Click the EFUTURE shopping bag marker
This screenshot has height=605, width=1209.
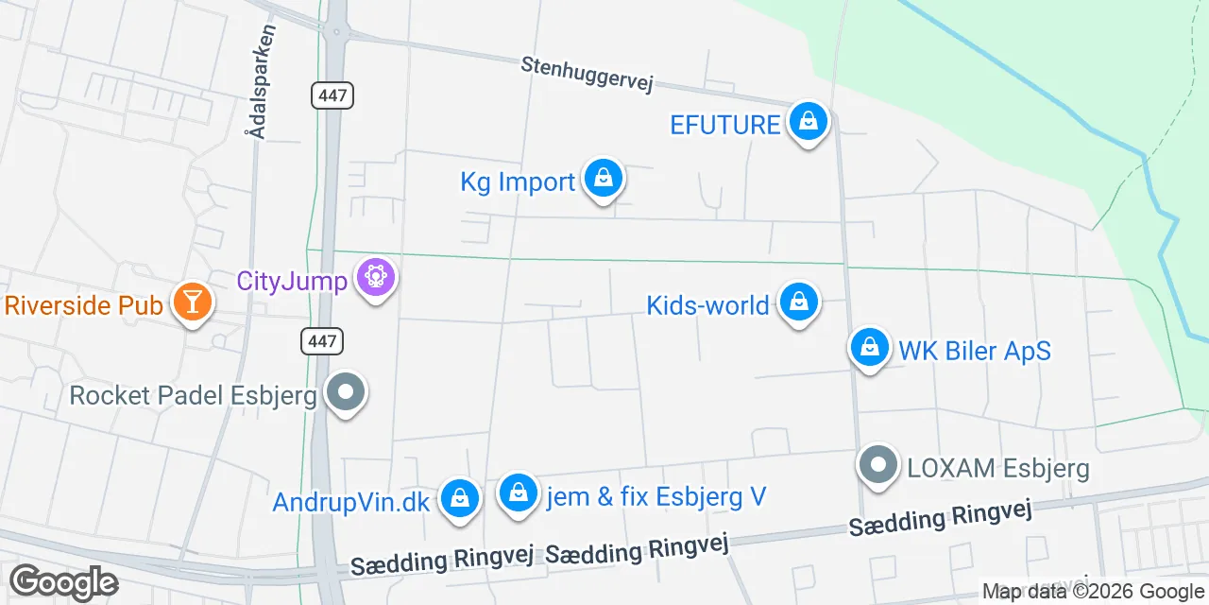[808, 122]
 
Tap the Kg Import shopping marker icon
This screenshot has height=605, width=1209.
[603, 179]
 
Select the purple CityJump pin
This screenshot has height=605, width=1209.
[375, 278]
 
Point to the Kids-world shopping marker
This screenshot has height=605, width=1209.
[799, 303]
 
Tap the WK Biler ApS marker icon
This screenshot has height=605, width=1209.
[870, 349]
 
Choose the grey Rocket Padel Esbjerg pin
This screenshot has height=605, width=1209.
[345, 392]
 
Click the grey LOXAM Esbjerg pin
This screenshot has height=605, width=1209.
[879, 465]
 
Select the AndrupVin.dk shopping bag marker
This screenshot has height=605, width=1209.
[460, 497]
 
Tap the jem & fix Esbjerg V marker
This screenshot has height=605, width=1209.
[518, 493]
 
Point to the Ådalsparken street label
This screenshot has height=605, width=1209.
[262, 82]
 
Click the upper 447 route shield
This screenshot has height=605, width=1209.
[332, 95]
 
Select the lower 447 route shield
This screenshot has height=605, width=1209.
[322, 341]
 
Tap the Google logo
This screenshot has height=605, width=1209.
[63, 582]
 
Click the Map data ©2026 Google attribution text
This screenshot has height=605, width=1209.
[1093, 592]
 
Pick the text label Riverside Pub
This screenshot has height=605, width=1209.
[84, 305]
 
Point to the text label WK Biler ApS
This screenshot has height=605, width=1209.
[974, 351]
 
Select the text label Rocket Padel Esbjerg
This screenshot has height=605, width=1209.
[193, 395]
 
